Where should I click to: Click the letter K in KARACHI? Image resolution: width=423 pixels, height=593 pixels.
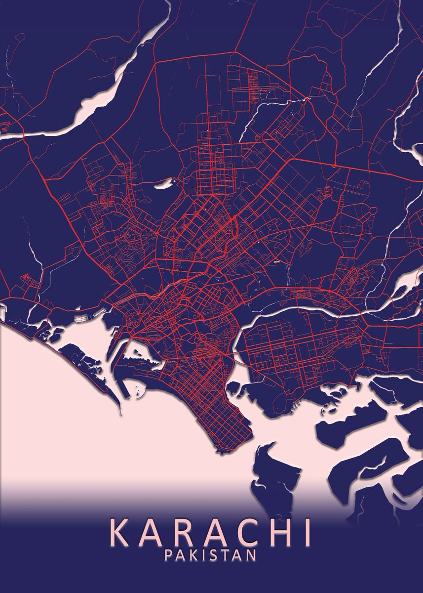[x=120, y=532]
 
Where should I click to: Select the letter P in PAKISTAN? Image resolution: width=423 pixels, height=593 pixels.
[x=169, y=555]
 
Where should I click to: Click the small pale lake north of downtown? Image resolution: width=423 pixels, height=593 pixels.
[x=163, y=185]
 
